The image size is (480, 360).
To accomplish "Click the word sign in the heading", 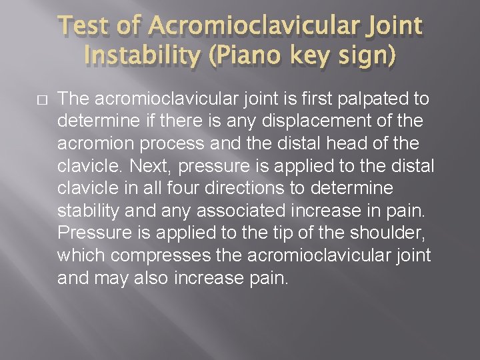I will pyautogui.click(x=365, y=58).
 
